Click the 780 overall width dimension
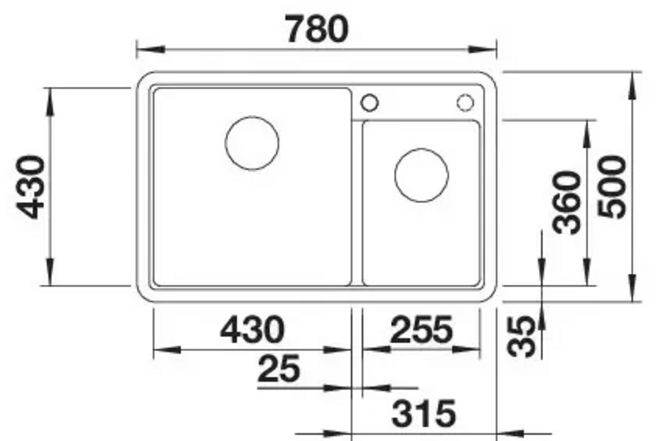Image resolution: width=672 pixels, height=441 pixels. (x=318, y=29)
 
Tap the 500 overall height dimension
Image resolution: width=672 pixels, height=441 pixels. (x=612, y=187)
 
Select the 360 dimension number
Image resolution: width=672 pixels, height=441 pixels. (x=567, y=203)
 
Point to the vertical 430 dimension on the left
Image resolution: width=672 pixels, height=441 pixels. (x=30, y=187)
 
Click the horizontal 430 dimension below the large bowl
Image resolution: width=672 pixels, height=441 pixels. (x=252, y=330)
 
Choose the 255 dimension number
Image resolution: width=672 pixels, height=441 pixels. (x=421, y=330)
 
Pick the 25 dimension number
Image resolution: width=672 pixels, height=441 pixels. (x=279, y=369)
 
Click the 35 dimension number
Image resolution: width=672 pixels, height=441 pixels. (x=521, y=337)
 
